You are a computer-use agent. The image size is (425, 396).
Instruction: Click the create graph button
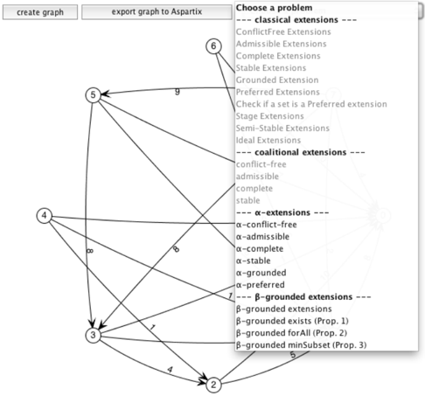pyautogui.click(x=40, y=12)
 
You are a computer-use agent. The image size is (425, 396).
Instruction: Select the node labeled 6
pyautogui.click(x=213, y=46)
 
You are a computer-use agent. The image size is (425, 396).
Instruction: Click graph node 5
pyautogui.click(x=93, y=95)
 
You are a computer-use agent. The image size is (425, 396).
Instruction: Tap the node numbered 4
pyautogui.click(x=45, y=216)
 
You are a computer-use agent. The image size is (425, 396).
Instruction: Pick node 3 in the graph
pyautogui.click(x=93, y=335)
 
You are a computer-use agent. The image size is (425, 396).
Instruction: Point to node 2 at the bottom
pyautogui.click(x=213, y=385)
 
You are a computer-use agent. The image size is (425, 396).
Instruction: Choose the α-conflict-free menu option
pyautogui.click(x=267, y=225)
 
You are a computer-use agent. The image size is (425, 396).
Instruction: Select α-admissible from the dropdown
pyautogui.click(x=262, y=237)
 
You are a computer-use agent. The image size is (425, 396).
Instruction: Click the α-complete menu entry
pyautogui.click(x=260, y=249)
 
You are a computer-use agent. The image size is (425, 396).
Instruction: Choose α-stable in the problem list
pyautogui.click(x=254, y=261)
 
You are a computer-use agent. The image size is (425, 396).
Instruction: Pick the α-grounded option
pyautogui.click(x=261, y=273)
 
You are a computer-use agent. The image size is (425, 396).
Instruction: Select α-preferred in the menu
pyautogui.click(x=261, y=285)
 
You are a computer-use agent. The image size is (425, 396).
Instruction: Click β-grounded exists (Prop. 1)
pyautogui.click(x=292, y=321)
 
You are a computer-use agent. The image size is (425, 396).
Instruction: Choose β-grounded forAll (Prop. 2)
pyautogui.click(x=291, y=333)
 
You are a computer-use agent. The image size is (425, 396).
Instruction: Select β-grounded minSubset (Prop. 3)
pyautogui.click(x=301, y=345)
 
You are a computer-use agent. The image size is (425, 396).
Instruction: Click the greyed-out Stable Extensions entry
pyautogui.click(x=271, y=68)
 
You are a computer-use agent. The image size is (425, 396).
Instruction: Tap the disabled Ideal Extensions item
pyautogui.click(x=268, y=140)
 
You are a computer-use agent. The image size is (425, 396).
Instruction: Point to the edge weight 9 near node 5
pyautogui.click(x=178, y=92)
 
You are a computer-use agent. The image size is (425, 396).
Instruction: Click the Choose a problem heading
pyautogui.click(x=274, y=8)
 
